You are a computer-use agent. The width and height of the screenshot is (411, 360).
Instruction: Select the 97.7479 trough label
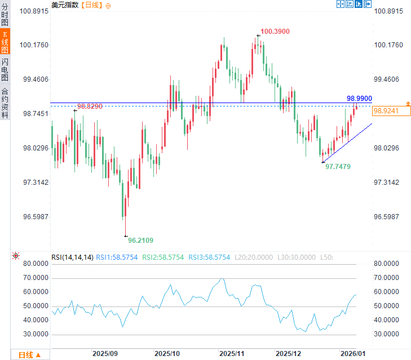click(338, 167)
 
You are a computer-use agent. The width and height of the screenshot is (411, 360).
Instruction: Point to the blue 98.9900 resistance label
click(359, 98)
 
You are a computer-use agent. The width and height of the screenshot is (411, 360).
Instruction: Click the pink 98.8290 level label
click(90, 106)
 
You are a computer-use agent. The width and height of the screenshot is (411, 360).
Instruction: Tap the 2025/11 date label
click(231, 353)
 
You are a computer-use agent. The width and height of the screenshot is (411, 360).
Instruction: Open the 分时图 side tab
click(5, 15)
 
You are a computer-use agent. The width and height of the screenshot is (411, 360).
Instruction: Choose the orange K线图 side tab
click(5, 42)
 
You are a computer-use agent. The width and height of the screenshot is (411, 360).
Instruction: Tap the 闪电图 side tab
click(5, 69)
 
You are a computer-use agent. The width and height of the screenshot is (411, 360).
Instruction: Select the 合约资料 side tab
click(5, 103)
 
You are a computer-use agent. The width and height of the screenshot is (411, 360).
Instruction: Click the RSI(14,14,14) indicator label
click(72, 257)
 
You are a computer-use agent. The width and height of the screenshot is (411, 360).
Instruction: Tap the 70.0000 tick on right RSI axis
click(390, 278)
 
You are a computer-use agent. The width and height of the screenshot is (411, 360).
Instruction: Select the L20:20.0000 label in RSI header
click(254, 257)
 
